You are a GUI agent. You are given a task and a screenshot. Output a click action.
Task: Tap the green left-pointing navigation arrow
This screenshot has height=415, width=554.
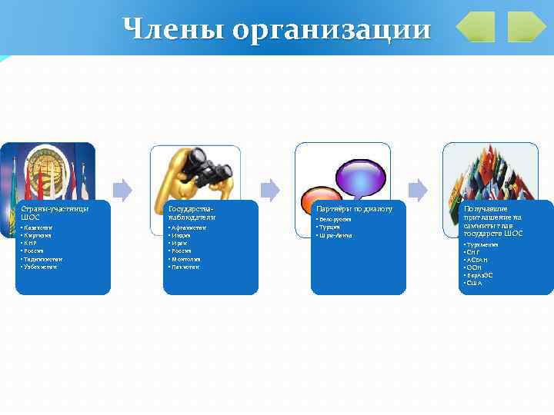click(475, 27)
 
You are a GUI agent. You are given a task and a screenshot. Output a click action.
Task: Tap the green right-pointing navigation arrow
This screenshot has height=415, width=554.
click(526, 27)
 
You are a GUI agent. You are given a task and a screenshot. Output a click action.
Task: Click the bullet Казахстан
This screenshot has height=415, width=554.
click(38, 228)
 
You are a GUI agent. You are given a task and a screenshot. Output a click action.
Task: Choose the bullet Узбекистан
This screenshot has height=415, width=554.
click(40, 267)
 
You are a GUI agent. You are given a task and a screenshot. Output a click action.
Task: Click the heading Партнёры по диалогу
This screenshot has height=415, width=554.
click(354, 208)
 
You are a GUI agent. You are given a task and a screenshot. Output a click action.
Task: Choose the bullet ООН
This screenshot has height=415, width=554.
click(474, 267)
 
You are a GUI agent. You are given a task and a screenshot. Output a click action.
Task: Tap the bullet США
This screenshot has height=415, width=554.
click(473, 283)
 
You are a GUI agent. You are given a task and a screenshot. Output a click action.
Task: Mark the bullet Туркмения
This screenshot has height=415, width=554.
click(482, 244)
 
